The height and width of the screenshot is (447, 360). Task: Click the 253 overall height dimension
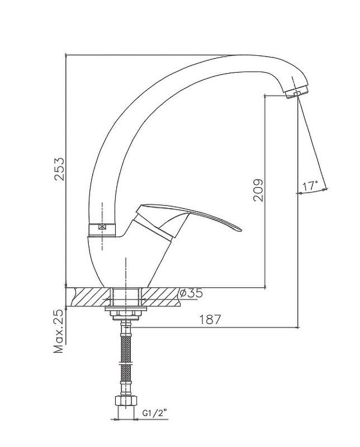pyautogui.click(x=60, y=169)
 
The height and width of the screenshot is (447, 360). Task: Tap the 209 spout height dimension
pyautogui.click(x=258, y=191)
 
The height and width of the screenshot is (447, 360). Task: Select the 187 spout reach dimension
pyautogui.click(x=210, y=320)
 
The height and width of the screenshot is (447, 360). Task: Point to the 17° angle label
pyautogui.click(x=310, y=186)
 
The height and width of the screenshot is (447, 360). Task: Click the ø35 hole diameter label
pyautogui.click(x=191, y=293)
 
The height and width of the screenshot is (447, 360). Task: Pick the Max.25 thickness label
pyautogui.click(x=59, y=331)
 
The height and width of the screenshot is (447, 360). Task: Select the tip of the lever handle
pyautogui.click(x=241, y=230)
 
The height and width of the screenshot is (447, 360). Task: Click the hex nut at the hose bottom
pyautogui.click(x=126, y=400)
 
